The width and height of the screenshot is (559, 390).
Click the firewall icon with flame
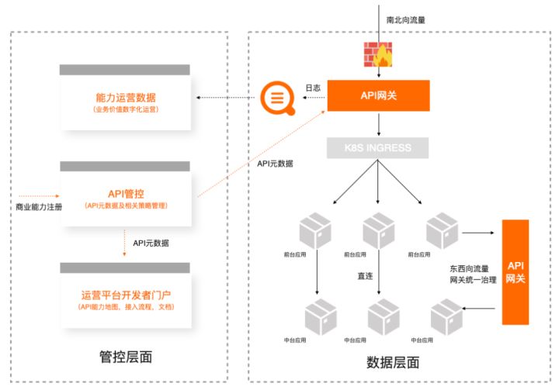379,53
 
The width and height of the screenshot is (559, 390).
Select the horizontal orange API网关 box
378,95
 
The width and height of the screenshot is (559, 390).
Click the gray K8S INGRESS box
378,147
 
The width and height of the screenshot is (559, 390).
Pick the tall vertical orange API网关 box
516,271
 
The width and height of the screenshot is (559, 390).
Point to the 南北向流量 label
406,18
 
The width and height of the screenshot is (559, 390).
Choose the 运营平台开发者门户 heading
125,295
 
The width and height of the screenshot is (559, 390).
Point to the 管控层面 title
125,357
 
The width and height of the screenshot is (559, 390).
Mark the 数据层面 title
393,362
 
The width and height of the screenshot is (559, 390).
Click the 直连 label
366,274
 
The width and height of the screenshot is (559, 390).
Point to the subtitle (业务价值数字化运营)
125,111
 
